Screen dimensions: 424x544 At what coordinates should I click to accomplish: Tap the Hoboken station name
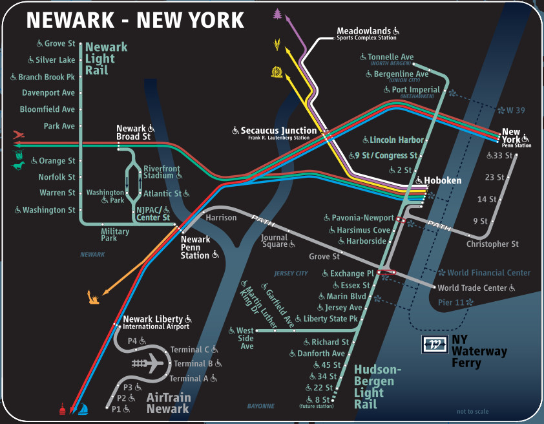coord(443,180)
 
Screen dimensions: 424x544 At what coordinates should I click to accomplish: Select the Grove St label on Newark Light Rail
coord(59,44)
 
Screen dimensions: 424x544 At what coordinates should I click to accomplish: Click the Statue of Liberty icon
coord(92,297)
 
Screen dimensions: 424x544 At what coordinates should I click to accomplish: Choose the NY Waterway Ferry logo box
coord(433,344)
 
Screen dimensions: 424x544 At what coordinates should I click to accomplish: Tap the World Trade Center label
coord(472,288)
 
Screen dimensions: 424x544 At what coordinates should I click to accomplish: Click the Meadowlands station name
coord(364,30)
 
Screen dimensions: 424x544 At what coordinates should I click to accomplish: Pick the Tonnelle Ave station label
coord(390,57)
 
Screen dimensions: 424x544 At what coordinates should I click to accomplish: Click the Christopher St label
coord(492,244)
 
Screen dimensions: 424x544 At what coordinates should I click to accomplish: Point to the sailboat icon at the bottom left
coord(83,409)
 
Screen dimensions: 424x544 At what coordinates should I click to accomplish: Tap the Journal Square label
coord(275,241)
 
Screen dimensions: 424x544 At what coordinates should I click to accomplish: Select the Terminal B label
coord(189,363)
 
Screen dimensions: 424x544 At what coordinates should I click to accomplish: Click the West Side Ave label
coord(246,338)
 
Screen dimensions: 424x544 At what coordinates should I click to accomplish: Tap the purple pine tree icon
coord(278,14)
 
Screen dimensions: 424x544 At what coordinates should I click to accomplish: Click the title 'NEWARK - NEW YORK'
coord(135,21)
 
